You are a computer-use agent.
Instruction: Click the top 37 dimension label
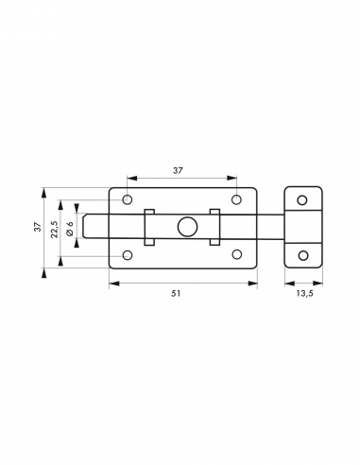click(178, 170)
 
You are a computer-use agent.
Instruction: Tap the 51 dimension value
click(176, 293)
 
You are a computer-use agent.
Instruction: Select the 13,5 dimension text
click(304, 294)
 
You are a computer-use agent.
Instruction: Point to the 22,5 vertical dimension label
click(54, 229)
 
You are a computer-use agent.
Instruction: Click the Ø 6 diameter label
click(70, 229)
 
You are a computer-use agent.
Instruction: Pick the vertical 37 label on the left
click(38, 227)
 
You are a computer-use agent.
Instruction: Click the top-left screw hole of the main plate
click(128, 199)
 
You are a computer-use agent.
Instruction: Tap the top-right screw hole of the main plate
click(236, 199)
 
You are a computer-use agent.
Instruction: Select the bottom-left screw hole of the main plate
click(128, 255)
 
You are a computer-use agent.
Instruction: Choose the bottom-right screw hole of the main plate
click(236, 254)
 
